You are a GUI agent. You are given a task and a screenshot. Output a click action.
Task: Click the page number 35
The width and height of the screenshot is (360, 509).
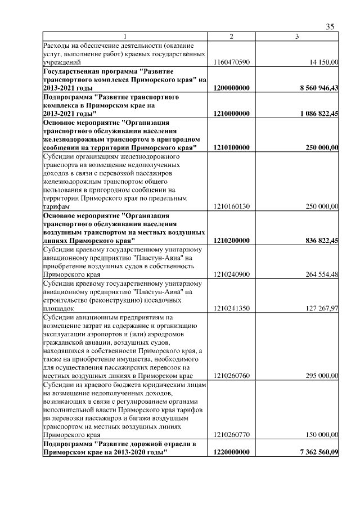pyautogui.click(x=330, y=26)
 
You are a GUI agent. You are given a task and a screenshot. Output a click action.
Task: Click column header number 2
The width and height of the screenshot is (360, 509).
pyautogui.click(x=231, y=37)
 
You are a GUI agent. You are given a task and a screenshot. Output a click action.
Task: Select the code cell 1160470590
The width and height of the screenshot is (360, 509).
pyautogui.click(x=231, y=62)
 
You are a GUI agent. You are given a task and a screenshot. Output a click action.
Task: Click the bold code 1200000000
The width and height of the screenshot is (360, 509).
pyautogui.click(x=231, y=88)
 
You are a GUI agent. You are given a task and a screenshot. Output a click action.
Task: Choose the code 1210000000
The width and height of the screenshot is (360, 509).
pyautogui.click(x=231, y=114)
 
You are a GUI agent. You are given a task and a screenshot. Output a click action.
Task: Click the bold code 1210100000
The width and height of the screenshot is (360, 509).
pyautogui.click(x=231, y=147)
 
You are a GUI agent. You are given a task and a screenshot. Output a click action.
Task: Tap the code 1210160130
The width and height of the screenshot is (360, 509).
pyautogui.click(x=231, y=206)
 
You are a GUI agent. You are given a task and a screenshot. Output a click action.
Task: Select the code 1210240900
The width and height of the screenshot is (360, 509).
pyautogui.click(x=231, y=274)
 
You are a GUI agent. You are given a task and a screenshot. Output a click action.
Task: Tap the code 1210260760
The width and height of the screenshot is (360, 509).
pyautogui.click(x=231, y=376)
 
